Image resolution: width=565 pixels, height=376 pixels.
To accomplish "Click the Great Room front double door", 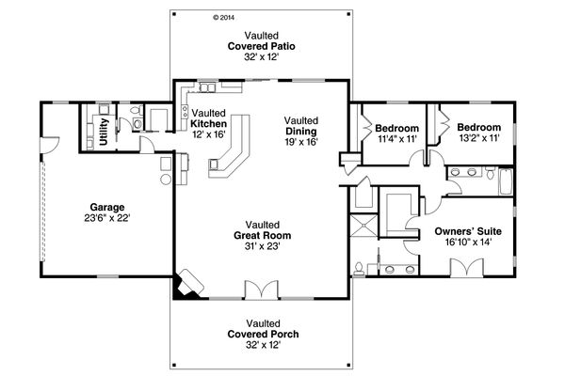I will pos(255,290).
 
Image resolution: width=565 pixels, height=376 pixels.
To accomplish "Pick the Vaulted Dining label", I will pos(302,132).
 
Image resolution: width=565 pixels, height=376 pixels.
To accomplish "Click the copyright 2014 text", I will pos(223,16).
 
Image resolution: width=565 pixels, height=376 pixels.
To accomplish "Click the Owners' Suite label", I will pos(468,230).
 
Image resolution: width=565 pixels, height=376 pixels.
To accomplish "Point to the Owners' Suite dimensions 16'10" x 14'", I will pos(468,242).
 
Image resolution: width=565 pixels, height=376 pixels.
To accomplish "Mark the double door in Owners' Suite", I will pos(466,268).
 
